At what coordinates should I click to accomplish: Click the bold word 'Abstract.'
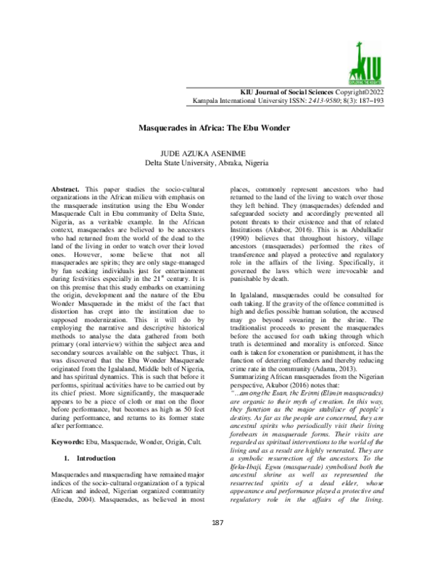point(69,188)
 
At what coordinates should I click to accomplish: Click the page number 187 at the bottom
point(217,543)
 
